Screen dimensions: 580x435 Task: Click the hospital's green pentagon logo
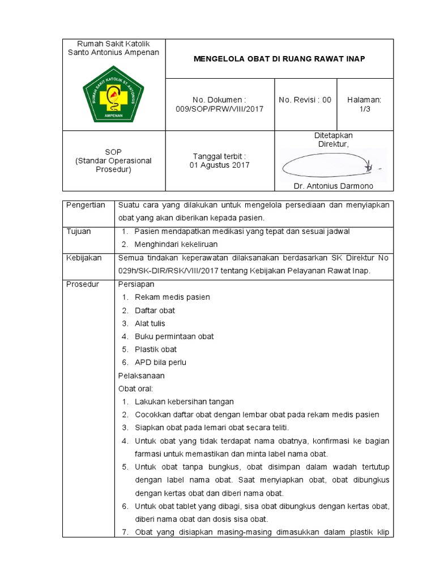coord(113,94)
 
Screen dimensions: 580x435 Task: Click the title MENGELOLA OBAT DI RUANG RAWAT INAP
coord(279,59)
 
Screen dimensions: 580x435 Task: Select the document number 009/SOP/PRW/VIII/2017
coord(220,109)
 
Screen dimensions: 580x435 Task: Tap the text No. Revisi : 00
coord(305,100)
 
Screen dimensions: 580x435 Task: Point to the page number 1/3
coord(364,109)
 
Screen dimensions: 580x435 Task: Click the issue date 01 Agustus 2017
coord(219,165)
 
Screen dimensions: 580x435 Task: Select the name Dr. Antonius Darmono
coord(333,186)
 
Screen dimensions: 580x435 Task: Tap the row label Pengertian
coord(86,205)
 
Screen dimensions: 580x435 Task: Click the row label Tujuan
coord(78,232)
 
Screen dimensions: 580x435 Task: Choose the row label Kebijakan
coord(84,258)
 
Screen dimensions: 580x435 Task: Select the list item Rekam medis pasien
coord(172,297)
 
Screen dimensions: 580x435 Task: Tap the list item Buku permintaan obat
coord(174,336)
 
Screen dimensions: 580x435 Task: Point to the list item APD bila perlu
coord(160,362)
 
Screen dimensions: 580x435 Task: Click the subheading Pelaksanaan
coord(141,376)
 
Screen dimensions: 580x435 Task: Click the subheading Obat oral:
coord(136,389)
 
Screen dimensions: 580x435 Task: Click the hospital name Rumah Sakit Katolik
coord(113,44)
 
